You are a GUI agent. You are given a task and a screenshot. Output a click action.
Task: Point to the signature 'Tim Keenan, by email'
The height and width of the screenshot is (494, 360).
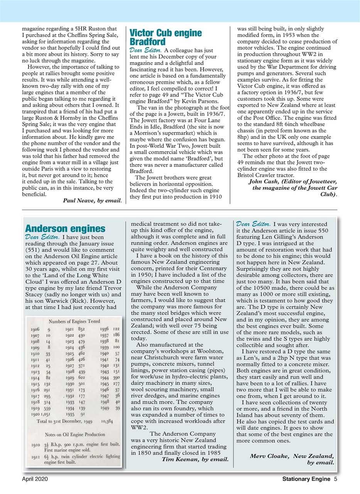(195, 459)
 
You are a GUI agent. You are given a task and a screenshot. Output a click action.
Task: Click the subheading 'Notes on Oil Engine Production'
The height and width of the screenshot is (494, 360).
(74, 435)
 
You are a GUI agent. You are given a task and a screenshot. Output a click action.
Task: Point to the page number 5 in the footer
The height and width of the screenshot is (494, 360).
(336, 480)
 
